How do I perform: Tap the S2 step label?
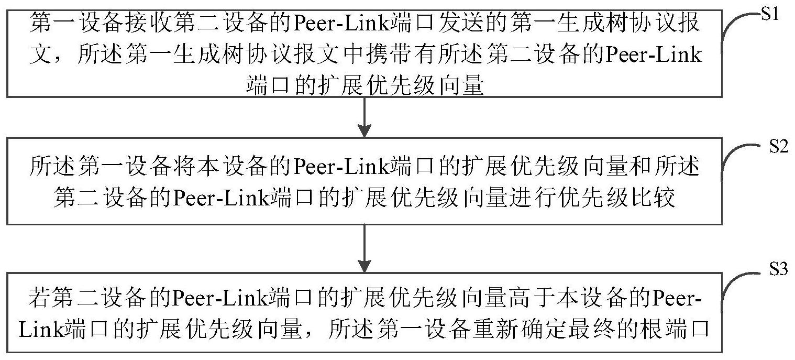(x=779, y=147)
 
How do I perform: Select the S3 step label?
(x=779, y=270)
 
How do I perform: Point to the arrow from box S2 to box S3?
(x=364, y=246)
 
